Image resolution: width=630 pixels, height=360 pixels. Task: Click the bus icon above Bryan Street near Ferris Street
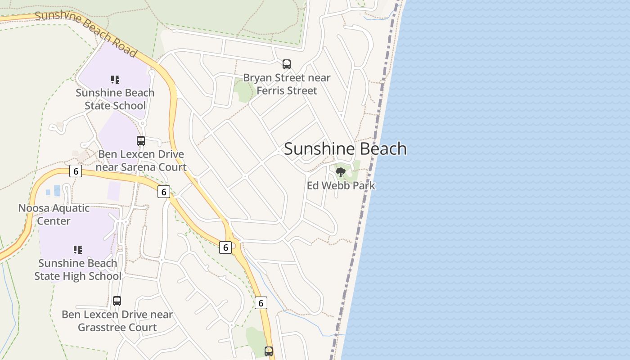click(287, 64)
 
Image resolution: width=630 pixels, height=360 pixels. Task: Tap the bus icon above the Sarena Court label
click(141, 141)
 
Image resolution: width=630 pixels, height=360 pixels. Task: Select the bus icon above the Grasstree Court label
click(117, 301)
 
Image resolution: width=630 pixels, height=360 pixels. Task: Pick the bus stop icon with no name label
click(269, 351)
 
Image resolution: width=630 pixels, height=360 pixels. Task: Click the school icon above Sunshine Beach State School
click(115, 80)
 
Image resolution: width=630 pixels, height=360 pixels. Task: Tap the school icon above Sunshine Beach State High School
click(78, 249)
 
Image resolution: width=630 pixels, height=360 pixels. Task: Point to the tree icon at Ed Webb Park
click(341, 171)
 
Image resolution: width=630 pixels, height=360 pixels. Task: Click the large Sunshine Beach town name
click(345, 149)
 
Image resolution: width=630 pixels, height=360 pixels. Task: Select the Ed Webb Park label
click(341, 185)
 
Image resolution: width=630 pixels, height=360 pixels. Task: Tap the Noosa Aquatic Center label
click(54, 215)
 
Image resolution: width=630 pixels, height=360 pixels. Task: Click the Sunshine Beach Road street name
click(85, 34)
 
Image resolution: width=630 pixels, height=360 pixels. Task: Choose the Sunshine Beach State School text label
click(115, 99)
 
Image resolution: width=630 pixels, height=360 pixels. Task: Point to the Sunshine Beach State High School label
click(78, 270)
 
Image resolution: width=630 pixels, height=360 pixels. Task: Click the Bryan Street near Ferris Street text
click(287, 84)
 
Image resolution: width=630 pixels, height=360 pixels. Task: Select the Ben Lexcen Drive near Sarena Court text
click(141, 161)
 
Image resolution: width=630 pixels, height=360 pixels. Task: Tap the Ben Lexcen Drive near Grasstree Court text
click(117, 321)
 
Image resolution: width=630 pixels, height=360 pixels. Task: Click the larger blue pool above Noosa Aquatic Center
click(57, 191)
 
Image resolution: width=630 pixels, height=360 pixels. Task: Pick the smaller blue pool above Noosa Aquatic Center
click(48, 192)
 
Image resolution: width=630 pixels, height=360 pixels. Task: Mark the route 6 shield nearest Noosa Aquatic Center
click(76, 171)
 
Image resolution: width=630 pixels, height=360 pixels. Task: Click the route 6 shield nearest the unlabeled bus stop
click(261, 303)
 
